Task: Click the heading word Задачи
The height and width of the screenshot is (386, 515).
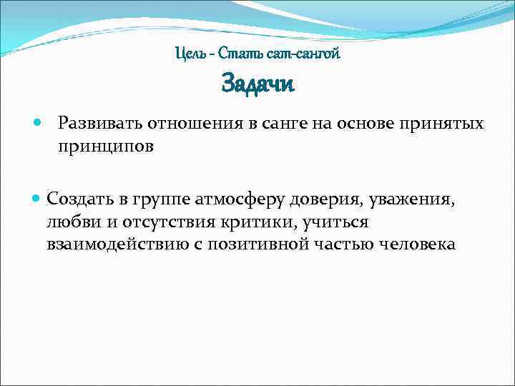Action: [257, 84]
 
